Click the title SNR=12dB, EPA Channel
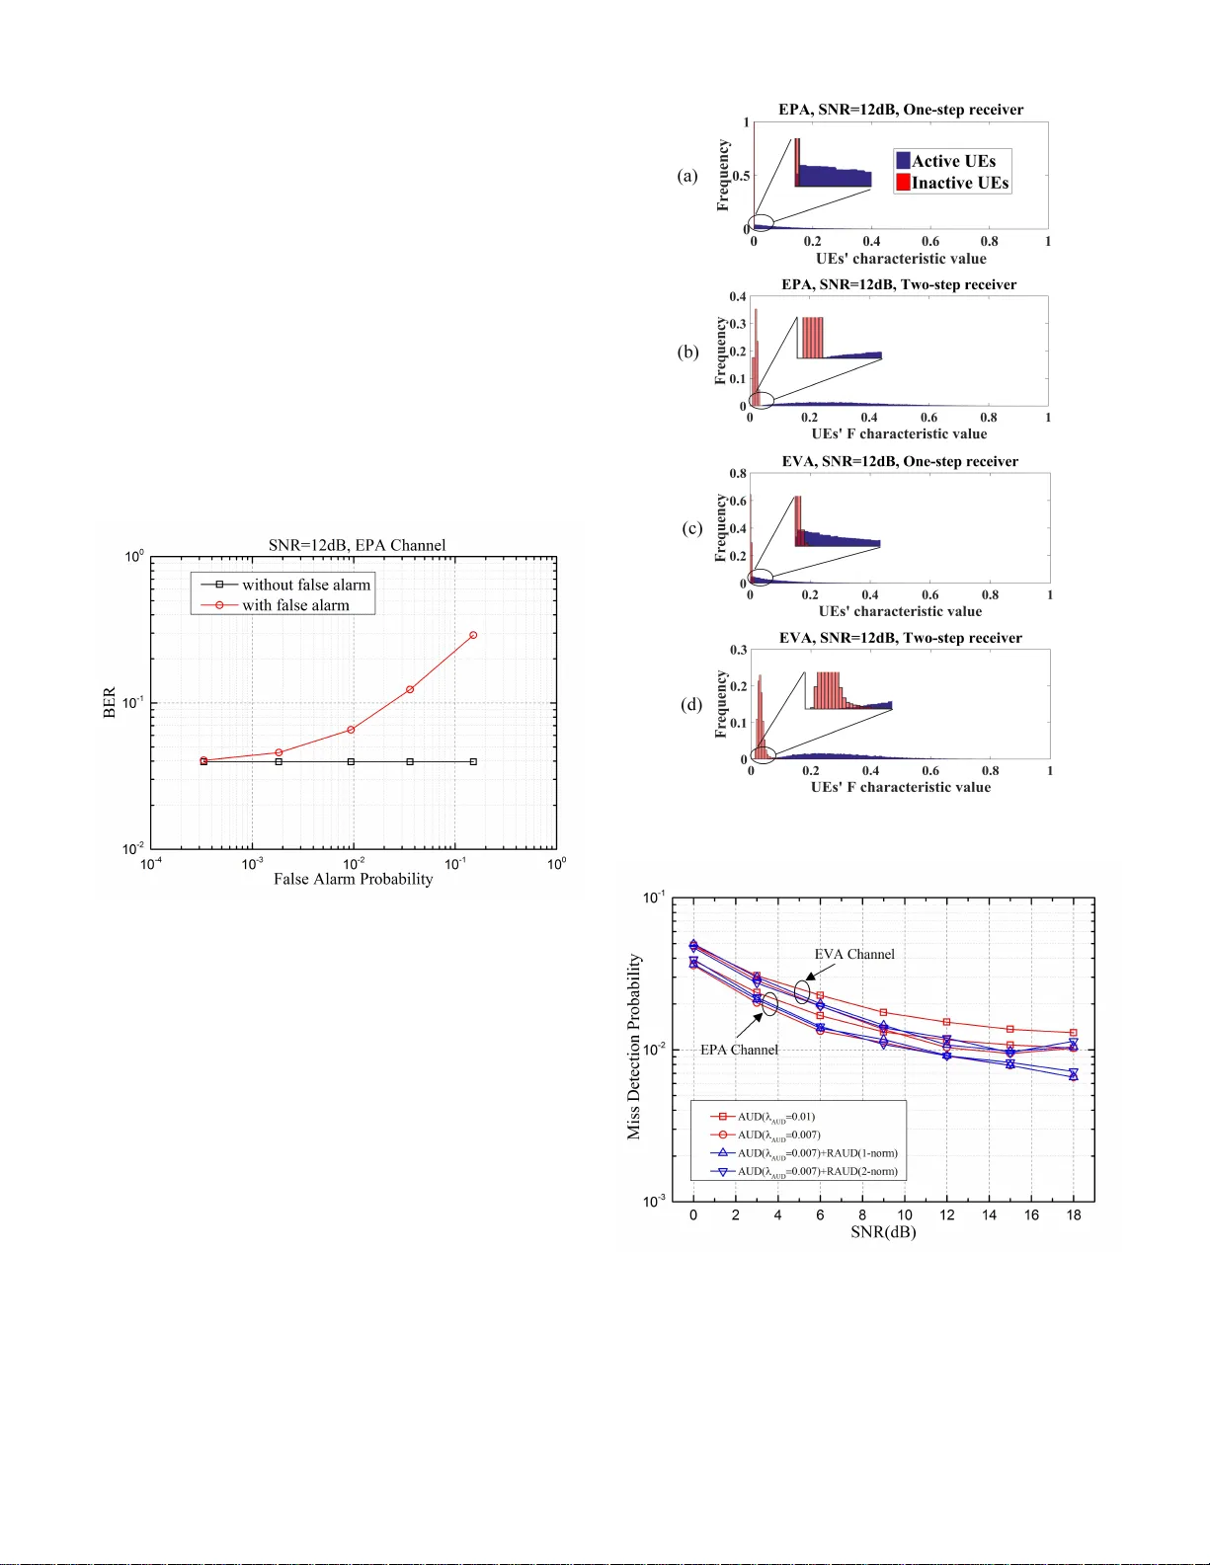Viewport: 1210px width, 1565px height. pos(357,545)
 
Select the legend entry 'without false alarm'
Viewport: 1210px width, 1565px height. pos(305,585)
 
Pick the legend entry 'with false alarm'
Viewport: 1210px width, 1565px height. pos(295,605)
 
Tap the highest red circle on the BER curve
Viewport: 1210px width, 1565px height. pos(473,635)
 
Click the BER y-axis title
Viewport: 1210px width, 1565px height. pos(110,702)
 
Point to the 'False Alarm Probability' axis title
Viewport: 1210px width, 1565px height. pos(353,879)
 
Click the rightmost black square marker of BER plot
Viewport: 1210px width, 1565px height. pos(473,761)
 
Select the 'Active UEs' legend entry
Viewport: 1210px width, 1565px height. pos(952,161)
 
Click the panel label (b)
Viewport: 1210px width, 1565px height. pos(688,352)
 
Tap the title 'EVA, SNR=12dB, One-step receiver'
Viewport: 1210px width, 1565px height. pos(900,461)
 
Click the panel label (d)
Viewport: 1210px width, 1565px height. pos(691,704)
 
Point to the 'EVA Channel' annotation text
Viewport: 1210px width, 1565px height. pos(854,954)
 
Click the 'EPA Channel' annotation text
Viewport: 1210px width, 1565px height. pos(739,1050)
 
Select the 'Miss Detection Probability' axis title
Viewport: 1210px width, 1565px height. pos(634,1046)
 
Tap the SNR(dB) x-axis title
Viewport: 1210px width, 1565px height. pos(883,1232)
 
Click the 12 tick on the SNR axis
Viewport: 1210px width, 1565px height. pos(946,1214)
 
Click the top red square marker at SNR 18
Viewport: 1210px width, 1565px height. pos(1073,1033)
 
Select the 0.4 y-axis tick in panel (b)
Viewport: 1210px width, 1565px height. pos(738,296)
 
